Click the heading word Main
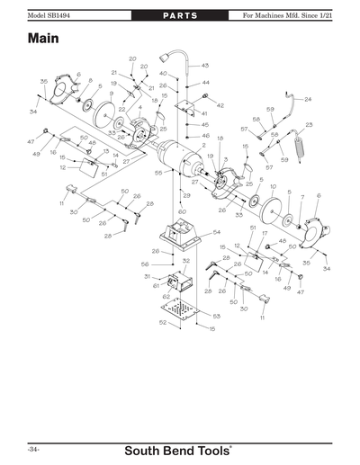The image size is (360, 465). tap(44, 40)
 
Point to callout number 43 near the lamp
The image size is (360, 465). tap(204, 66)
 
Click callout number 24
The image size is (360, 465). tap(307, 99)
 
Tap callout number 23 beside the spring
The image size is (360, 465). tap(309, 125)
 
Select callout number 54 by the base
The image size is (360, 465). tap(216, 232)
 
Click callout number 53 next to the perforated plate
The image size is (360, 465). tap(216, 316)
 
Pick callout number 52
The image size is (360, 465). tap(162, 323)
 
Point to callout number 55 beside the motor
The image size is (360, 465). tap(157, 172)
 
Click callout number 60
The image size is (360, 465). tap(182, 211)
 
